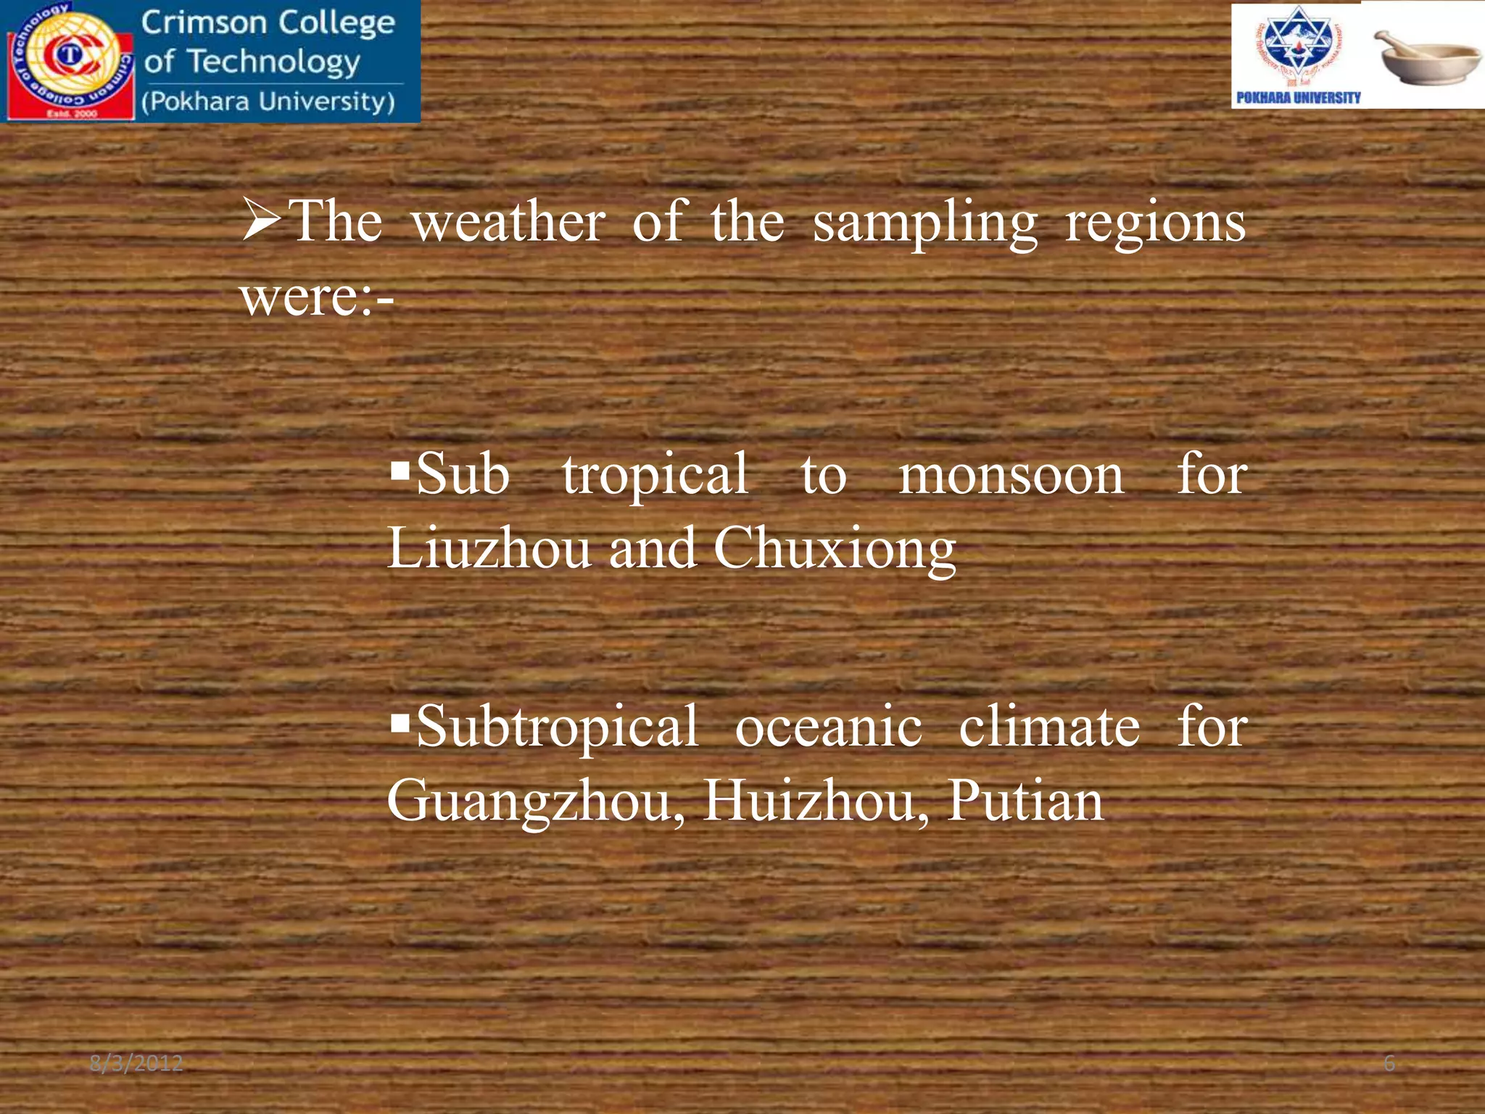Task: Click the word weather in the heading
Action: tap(508, 222)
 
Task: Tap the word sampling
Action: tap(924, 223)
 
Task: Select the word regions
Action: tap(1155, 223)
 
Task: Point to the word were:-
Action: tap(317, 297)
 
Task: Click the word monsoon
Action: tap(1011, 475)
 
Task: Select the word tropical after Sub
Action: tap(655, 476)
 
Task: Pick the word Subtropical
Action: tap(557, 727)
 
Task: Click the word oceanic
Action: tap(828, 727)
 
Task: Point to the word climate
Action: tap(1049, 727)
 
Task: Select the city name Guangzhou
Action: tap(535, 802)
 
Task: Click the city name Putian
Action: tap(1025, 801)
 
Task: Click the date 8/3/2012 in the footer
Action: tap(136, 1064)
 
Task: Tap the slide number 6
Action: tap(1389, 1064)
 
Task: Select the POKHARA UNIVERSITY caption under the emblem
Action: tap(1298, 97)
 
